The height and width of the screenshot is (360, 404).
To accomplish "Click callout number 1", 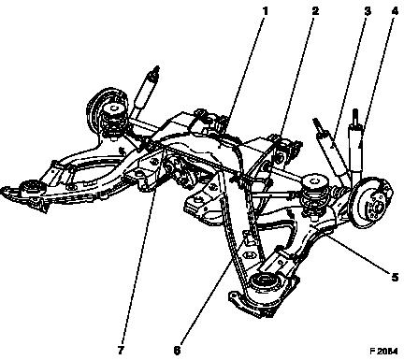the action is pos(265,11).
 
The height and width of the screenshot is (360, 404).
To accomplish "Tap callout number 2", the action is pos(315,11).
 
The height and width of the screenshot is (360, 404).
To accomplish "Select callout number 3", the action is pos(368,11).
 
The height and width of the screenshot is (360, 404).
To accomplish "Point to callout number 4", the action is pos(395,11).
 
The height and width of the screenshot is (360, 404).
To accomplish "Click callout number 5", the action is pos(395,277).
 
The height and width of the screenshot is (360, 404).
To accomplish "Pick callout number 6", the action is pos(177,351).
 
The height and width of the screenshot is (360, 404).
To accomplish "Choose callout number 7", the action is pos(121,351).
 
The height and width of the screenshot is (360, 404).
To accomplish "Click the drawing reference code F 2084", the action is pos(383,352).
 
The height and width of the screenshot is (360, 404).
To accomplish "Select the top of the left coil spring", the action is pos(113,108).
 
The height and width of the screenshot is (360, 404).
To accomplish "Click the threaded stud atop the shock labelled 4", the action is pos(355,116).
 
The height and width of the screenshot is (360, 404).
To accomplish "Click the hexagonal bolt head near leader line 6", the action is pos(250,255).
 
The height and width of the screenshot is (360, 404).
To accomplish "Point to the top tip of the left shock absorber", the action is pos(157,67).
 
